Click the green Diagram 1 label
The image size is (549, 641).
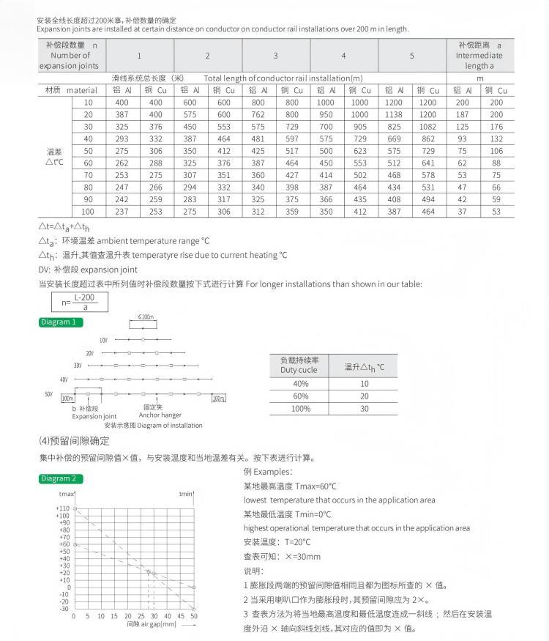61,322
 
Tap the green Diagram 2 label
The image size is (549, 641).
61,479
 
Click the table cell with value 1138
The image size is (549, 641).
394,114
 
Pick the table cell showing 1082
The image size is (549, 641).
428,126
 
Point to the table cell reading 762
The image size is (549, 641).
258,114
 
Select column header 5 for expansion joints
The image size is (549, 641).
411,56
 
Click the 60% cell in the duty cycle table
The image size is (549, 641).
300,396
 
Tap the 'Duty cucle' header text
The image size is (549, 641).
299,370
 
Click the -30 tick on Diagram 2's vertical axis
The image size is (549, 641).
64,608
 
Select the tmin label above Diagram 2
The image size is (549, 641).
186,494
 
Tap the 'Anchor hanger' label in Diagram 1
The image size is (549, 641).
160,415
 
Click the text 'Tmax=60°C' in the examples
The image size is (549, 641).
315,486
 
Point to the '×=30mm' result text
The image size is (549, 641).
300,557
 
